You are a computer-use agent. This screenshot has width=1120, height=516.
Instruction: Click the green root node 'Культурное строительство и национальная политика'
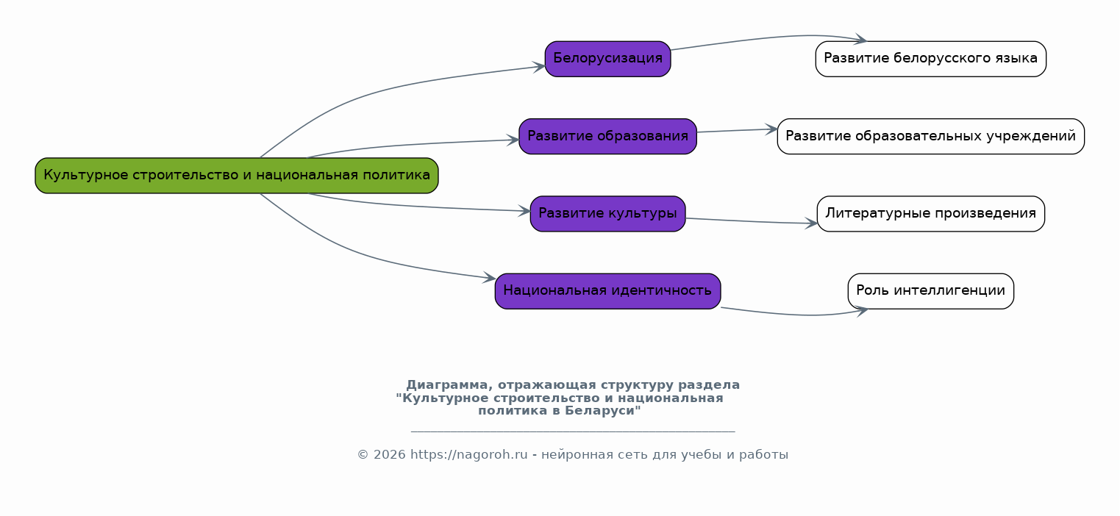pyautogui.click(x=236, y=176)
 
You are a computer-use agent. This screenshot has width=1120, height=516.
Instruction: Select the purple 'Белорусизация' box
pyautogui.click(x=607, y=59)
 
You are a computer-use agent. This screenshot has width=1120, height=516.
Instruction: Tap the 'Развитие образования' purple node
pyautogui.click(x=607, y=136)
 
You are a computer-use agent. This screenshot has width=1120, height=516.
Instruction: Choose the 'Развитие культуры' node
pyautogui.click(x=607, y=214)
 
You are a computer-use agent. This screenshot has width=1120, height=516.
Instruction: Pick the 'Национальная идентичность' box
pyautogui.click(x=607, y=291)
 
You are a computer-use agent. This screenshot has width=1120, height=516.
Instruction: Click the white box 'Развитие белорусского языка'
pyautogui.click(x=930, y=59)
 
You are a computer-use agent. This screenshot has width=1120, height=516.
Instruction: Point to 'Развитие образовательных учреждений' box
pyautogui.click(x=930, y=136)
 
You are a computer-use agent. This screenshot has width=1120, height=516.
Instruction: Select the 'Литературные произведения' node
pyautogui.click(x=930, y=214)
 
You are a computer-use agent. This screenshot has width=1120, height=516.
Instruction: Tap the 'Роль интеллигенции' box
pyautogui.click(x=930, y=291)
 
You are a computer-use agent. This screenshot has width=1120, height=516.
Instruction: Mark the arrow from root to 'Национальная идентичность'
pyautogui.click(x=368, y=258)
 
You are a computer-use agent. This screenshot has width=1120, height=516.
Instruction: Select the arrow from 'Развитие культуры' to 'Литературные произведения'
pyautogui.click(x=750, y=221)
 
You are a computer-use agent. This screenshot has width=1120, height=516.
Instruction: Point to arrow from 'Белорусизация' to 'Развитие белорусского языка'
pyautogui.click(x=765, y=38)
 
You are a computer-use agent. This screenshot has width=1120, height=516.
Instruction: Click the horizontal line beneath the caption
pyautogui.click(x=572, y=431)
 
